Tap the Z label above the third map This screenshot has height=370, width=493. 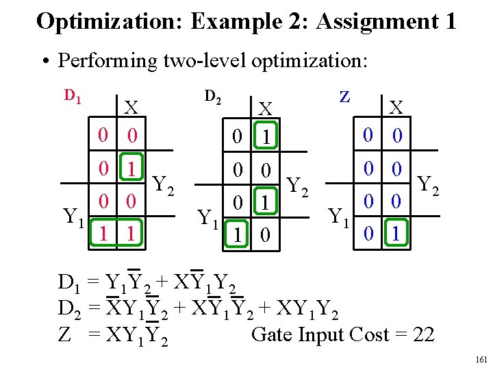(345, 96)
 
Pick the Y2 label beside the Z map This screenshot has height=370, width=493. (429, 184)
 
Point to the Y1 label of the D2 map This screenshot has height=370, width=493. (210, 219)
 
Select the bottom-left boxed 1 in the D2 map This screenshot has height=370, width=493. (237, 234)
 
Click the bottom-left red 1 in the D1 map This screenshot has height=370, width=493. (103, 234)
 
